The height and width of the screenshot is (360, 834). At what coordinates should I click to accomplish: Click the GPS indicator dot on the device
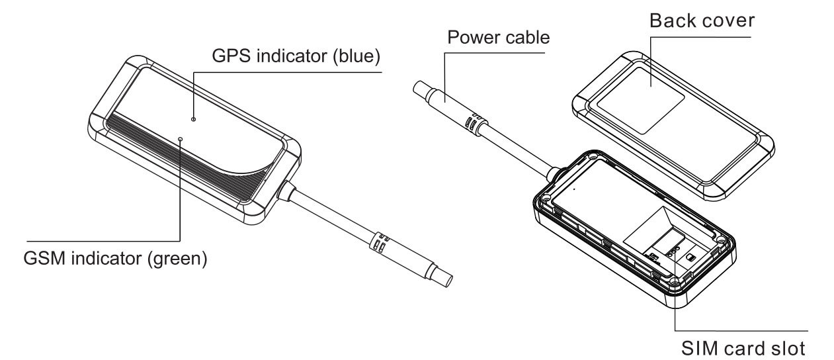pyautogui.click(x=192, y=119)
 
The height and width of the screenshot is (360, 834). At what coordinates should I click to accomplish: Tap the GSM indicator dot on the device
pyautogui.click(x=181, y=139)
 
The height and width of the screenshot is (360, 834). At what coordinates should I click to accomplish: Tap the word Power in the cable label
pyautogui.click(x=472, y=37)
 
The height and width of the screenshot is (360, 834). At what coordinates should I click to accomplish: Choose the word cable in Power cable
pyautogui.click(x=527, y=37)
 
